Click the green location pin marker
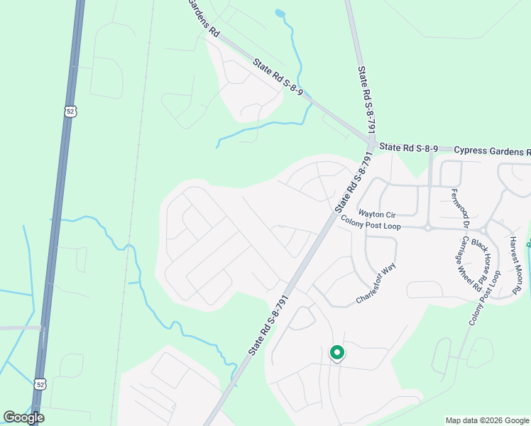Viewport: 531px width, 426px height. pyautogui.click(x=336, y=352)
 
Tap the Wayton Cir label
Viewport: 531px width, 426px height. pyautogui.click(x=376, y=213)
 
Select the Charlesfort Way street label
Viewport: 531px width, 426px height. pyautogui.click(x=376, y=284)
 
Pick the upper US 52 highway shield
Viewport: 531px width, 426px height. pyautogui.click(x=68, y=111)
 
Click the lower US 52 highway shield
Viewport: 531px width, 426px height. pyautogui.click(x=40, y=384)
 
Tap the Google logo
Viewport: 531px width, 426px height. pyautogui.click(x=24, y=417)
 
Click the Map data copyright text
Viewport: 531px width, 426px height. pyautogui.click(x=487, y=420)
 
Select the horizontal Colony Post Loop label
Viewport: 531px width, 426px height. pyautogui.click(x=371, y=224)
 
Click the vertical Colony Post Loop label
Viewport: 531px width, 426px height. pyautogui.click(x=484, y=298)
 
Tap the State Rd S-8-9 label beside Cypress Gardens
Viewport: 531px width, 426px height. pyautogui.click(x=408, y=148)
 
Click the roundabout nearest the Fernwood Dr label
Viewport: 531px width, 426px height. pyautogui.click(x=428, y=228)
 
